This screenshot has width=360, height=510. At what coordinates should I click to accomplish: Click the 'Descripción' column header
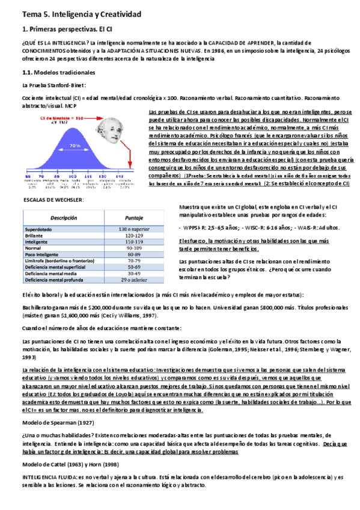click(x=64, y=218)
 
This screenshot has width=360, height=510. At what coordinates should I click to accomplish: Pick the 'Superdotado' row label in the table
click(x=41, y=230)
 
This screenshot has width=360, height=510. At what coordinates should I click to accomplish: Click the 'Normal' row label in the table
click(x=33, y=248)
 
